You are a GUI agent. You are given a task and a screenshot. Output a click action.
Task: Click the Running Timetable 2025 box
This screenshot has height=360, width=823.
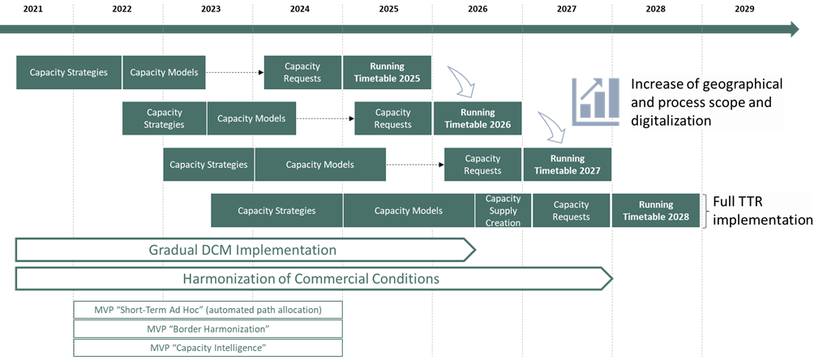(387, 72)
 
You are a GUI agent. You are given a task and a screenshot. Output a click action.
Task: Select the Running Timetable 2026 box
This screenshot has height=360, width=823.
(477, 118)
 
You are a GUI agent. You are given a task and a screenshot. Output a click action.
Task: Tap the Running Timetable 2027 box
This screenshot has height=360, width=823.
(567, 165)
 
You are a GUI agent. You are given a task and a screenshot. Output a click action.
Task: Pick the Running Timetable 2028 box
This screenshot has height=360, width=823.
(655, 211)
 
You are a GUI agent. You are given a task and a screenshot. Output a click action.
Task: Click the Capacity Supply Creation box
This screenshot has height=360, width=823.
(503, 211)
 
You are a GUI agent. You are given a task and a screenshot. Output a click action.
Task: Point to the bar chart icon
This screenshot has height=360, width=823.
(596, 101)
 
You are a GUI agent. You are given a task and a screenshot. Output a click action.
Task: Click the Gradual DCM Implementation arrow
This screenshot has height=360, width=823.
(242, 250)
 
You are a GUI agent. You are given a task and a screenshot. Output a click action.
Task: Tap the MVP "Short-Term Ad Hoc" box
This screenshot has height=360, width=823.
(207, 309)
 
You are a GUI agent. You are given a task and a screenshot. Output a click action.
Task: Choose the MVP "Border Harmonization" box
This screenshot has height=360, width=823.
(207, 328)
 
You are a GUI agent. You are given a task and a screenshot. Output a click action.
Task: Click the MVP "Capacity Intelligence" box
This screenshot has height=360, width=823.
(207, 348)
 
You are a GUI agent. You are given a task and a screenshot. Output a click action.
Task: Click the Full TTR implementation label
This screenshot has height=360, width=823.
(761, 211)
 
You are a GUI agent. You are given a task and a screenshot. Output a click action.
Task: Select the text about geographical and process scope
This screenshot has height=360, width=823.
(706, 102)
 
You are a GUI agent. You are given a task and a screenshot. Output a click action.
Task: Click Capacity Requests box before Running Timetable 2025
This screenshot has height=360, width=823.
(302, 72)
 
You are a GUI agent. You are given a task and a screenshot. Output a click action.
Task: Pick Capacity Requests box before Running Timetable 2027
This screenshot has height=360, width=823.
(482, 165)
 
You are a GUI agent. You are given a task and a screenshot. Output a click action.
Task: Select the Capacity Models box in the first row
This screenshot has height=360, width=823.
(164, 72)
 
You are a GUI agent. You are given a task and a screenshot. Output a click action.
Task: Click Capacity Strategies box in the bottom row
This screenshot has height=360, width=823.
(276, 211)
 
